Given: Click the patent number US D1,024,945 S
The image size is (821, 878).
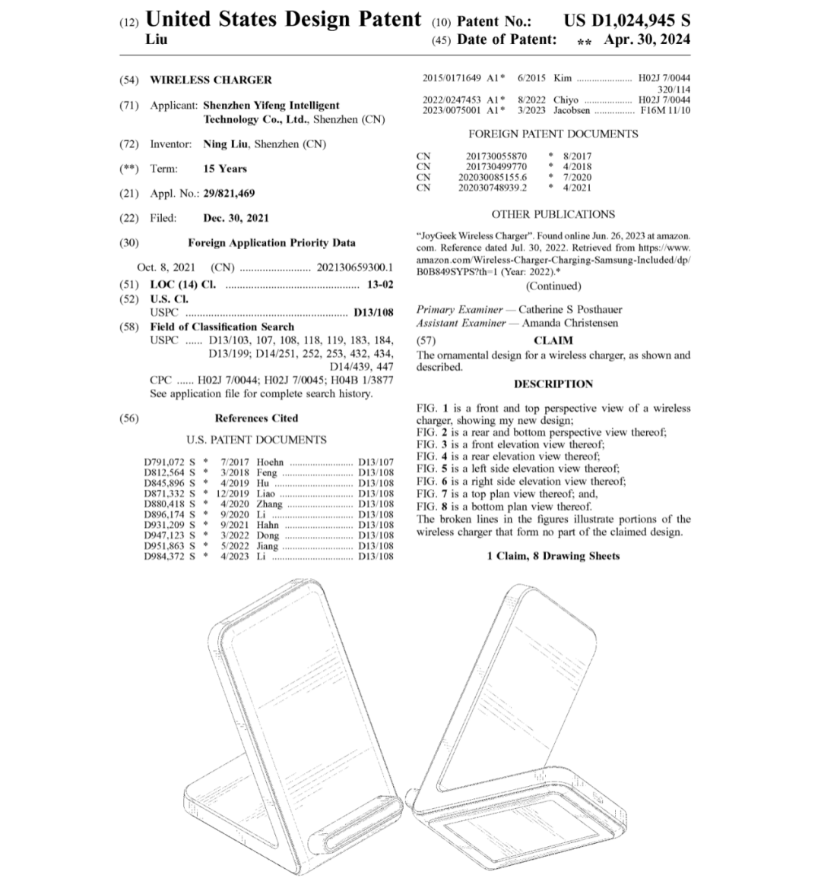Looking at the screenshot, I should click(x=627, y=20).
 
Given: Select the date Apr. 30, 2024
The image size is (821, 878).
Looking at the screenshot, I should click(x=647, y=39).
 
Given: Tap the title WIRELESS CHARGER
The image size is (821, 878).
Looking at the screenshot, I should click(x=211, y=80).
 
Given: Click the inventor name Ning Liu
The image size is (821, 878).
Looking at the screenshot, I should click(x=227, y=144).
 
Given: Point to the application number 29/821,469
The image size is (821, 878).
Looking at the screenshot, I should click(x=229, y=194).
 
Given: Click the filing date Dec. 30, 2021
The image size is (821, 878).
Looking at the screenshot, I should click(x=236, y=218).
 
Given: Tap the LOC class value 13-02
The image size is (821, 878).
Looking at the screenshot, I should click(x=379, y=285).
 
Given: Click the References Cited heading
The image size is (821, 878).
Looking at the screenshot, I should click(x=256, y=418).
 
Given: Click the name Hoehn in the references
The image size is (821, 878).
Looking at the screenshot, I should click(x=271, y=462).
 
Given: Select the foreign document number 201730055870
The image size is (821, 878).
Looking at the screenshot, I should click(x=496, y=156).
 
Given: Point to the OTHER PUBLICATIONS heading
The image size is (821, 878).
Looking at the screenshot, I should click(x=553, y=214).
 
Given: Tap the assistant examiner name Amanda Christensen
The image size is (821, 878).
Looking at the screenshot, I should click(x=570, y=323).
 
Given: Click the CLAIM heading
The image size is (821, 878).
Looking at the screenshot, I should click(x=553, y=340).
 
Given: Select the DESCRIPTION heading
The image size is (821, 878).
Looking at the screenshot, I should click(x=553, y=384).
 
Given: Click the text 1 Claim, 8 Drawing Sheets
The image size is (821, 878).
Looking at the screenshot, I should click(x=553, y=556).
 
